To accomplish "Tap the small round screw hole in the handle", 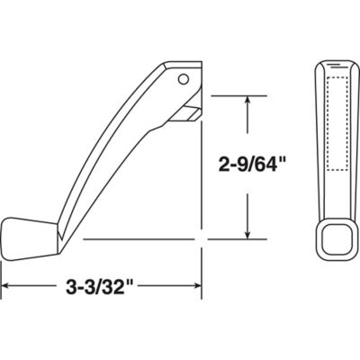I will tap(184, 79).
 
